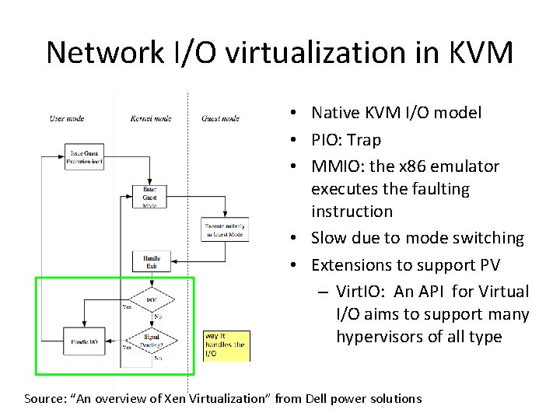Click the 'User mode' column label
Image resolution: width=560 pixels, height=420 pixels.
coord(67,118)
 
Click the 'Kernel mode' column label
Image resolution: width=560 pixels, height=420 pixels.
coord(151,118)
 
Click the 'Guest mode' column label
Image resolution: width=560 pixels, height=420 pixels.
coord(220,118)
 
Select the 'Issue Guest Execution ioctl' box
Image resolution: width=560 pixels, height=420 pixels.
coord(87,158)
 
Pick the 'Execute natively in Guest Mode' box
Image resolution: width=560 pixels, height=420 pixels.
coord(225,229)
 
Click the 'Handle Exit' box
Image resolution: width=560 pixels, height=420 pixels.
coord(151,261)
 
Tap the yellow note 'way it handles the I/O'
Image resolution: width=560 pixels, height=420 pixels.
coord(226,345)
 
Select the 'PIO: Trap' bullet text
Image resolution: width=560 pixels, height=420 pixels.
coord(346,139)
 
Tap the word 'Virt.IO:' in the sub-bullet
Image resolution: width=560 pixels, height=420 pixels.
coord(362,292)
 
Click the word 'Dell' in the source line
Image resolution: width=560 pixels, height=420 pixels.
coord(313,398)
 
